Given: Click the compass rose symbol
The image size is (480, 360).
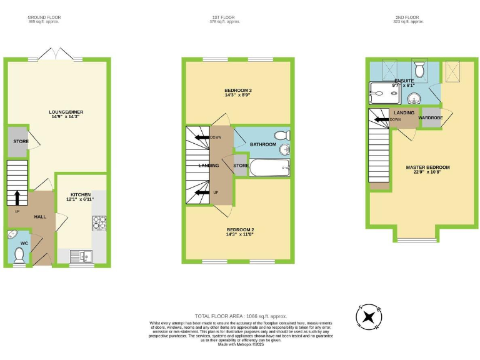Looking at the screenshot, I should [x=369, y=316].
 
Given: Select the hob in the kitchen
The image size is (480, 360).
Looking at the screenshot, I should [x=99, y=223].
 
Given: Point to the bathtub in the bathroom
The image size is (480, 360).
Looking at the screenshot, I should [x=269, y=167].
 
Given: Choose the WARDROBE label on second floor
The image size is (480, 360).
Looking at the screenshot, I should [x=431, y=117].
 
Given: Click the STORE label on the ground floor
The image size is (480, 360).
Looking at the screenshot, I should [x=18, y=142].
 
